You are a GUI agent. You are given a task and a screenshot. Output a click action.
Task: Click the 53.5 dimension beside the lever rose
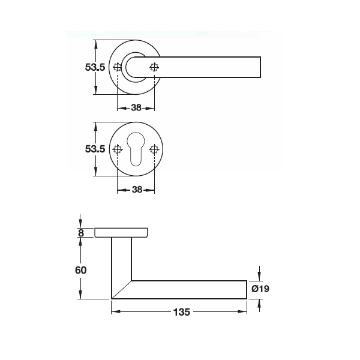pyautogui.click(x=95, y=68)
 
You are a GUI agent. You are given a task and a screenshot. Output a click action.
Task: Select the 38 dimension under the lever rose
pyautogui.click(x=136, y=109)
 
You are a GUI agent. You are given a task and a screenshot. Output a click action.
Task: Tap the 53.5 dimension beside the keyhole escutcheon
pyautogui.click(x=95, y=149)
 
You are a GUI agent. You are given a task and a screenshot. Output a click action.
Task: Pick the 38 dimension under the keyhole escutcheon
pyautogui.click(x=136, y=190)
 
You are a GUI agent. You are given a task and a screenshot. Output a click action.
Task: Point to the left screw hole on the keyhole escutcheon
pyautogui.click(x=118, y=149)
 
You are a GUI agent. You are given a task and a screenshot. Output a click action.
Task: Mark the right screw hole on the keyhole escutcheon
pyautogui.click(x=154, y=149)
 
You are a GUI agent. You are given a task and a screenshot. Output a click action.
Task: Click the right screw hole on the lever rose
pyautogui.click(x=154, y=67)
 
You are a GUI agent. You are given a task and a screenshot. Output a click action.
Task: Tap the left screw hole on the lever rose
pyautogui.click(x=118, y=67)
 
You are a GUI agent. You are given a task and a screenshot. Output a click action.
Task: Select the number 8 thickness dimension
pyautogui.click(x=80, y=233)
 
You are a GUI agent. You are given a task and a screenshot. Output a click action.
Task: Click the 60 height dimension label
pyautogui.click(x=81, y=270)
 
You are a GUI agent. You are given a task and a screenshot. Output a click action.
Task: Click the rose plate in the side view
pyautogui.click(x=121, y=233)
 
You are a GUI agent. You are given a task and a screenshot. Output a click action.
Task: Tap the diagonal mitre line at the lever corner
pyautogui.click(x=122, y=289)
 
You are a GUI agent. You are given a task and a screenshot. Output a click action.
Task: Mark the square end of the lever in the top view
pyautogui.click(x=259, y=67)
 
